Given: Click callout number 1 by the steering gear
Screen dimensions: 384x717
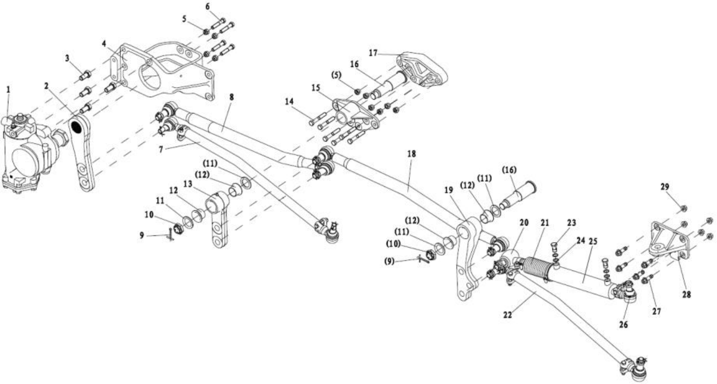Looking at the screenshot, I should (x=7, y=89).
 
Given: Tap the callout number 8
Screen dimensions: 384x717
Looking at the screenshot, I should (x=232, y=97).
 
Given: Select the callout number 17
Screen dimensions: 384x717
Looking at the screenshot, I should (x=373, y=53).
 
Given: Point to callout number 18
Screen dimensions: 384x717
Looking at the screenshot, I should (x=411, y=154).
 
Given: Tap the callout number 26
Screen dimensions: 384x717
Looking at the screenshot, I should (x=624, y=325).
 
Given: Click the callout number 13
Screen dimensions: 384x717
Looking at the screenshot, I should (x=188, y=184).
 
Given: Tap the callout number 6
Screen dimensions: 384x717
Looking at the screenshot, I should (x=208, y=7).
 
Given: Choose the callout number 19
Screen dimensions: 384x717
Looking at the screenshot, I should (x=448, y=190).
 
